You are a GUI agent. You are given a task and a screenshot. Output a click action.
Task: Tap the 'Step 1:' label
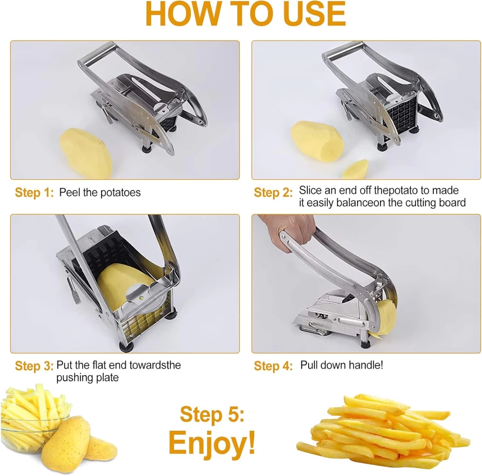tap(35, 192)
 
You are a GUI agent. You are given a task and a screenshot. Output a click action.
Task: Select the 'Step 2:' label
tap(273, 192)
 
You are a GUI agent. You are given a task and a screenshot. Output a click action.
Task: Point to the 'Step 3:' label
tap(34, 366)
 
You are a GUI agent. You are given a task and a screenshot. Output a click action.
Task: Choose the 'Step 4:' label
tap(273, 366)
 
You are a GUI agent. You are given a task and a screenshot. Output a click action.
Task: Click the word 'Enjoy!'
tap(212, 443)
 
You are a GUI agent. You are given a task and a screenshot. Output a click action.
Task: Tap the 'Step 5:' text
tap(212, 414)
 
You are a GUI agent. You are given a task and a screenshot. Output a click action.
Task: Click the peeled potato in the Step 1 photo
tap(86, 152)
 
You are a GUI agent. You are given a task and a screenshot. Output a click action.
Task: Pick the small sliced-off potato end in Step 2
tap(355, 169)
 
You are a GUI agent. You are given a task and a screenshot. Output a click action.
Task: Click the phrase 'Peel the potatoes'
tap(100, 192)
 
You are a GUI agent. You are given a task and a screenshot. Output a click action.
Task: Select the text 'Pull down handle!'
tap(341, 365)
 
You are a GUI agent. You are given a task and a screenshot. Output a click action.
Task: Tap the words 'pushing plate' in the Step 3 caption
tap(87, 378)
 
